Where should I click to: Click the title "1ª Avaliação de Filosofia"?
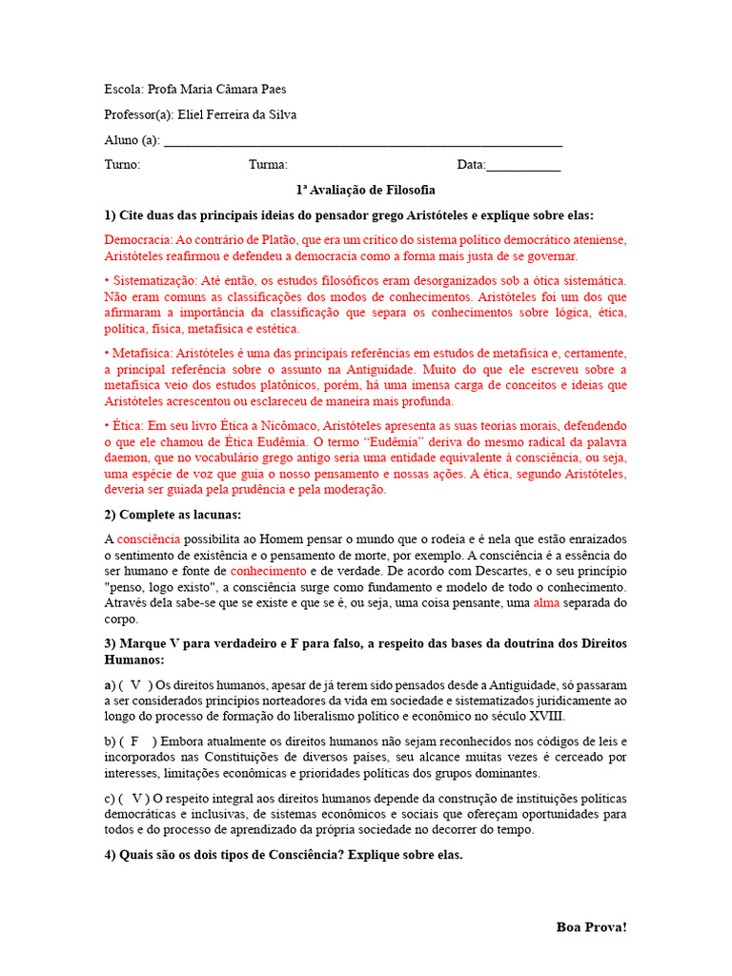366,190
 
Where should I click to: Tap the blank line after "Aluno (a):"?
363,141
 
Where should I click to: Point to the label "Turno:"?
122,165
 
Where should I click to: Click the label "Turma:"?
269,165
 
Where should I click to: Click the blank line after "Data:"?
523,166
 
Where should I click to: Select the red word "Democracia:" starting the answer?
139,240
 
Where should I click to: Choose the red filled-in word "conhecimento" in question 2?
268,571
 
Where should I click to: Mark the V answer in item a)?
136,684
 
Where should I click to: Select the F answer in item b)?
135,742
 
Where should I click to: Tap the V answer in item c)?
139,798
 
